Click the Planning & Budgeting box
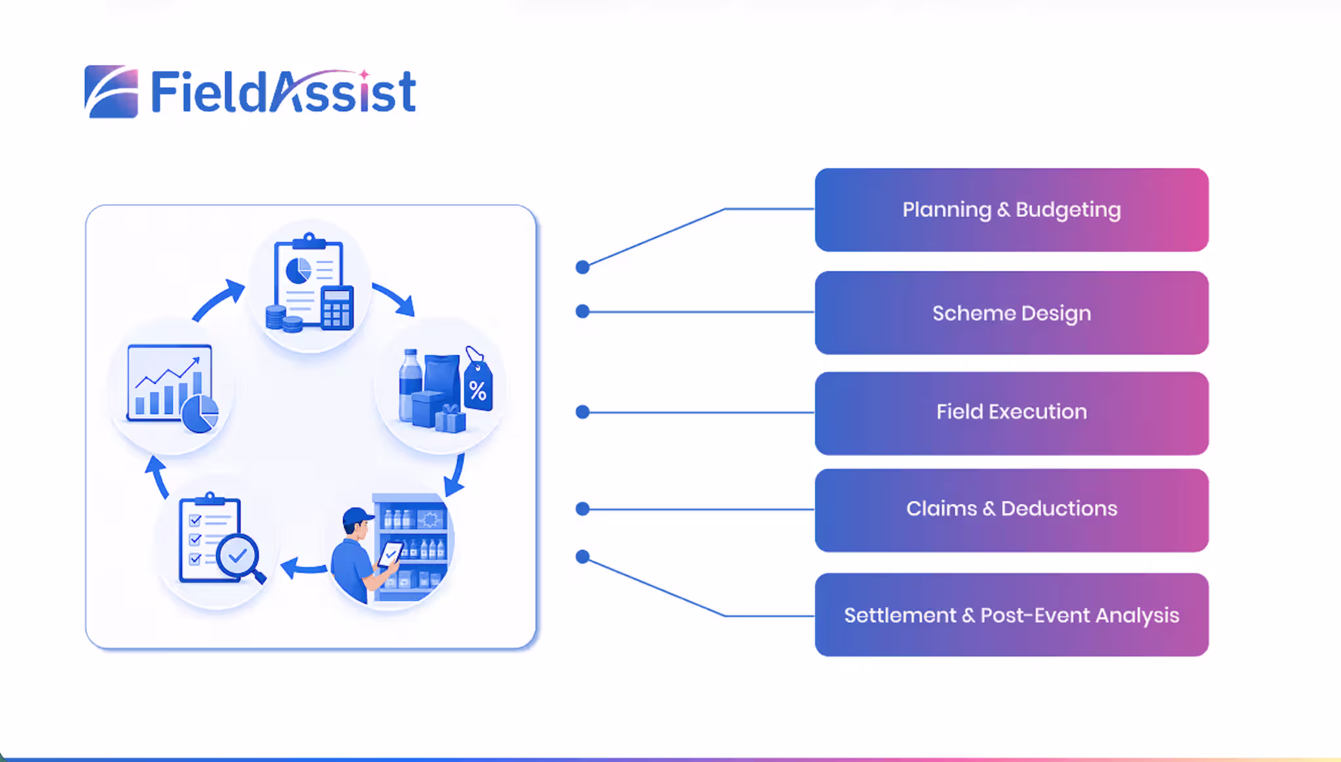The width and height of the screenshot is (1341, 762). (x=1012, y=210)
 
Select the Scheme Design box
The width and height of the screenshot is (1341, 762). (x=1012, y=313)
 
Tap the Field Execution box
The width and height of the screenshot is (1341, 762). (x=1012, y=413)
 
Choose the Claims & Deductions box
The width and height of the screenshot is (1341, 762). (x=1012, y=510)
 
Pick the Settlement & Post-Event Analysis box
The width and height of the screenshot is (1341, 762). (x=1012, y=615)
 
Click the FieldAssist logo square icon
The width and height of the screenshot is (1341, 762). (x=111, y=92)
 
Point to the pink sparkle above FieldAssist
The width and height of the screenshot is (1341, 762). (x=364, y=75)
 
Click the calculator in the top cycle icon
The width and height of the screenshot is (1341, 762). (x=337, y=307)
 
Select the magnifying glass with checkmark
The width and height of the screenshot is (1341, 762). (x=239, y=558)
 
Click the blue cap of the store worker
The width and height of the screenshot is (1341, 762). (x=358, y=516)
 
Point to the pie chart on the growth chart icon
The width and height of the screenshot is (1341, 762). (x=200, y=413)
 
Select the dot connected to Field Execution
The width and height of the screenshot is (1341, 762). (x=582, y=412)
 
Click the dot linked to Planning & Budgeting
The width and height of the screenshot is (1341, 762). (x=582, y=267)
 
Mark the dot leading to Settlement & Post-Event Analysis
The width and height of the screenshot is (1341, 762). (x=582, y=557)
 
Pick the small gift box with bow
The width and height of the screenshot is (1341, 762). (x=450, y=419)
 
